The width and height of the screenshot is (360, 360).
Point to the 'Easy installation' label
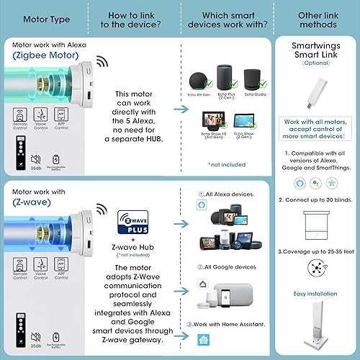point(315,294)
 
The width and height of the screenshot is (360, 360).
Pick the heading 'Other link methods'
point(315,19)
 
